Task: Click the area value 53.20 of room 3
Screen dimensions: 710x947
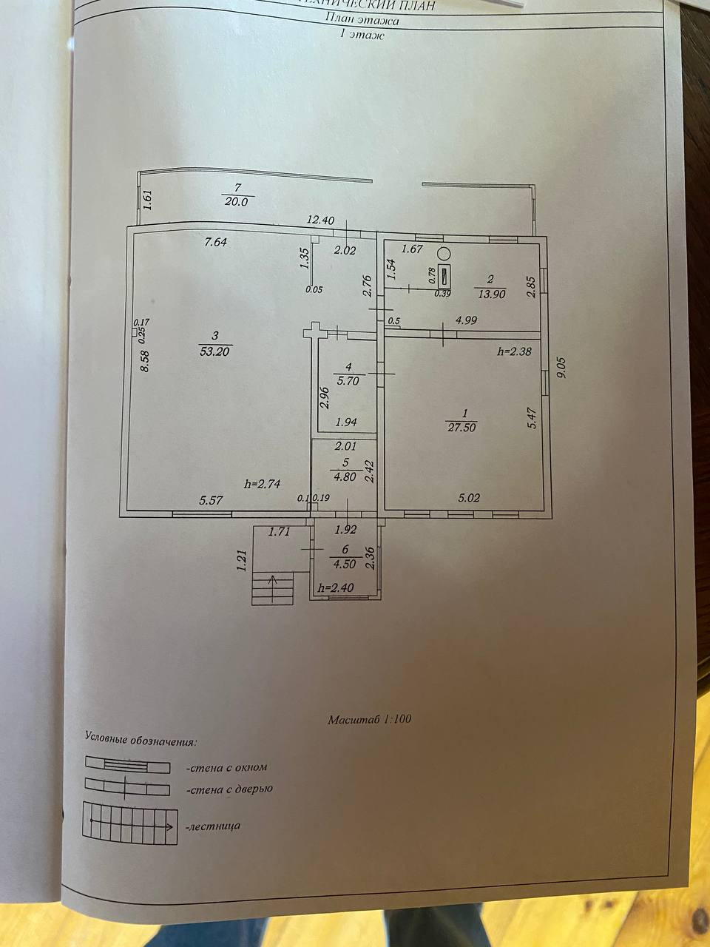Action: (x=214, y=351)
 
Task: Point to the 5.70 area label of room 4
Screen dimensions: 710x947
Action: (x=346, y=382)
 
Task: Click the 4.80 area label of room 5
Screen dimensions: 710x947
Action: (x=345, y=476)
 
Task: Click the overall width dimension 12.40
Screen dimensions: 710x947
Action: (x=322, y=220)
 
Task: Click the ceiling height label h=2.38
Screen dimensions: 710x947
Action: (x=515, y=352)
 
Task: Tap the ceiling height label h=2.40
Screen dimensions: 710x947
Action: (x=335, y=588)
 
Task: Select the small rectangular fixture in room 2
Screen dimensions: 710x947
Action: (x=444, y=276)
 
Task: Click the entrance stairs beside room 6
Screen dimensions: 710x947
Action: (x=273, y=588)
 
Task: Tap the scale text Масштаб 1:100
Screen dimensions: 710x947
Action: (x=369, y=718)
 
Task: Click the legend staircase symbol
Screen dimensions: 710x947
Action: (x=130, y=824)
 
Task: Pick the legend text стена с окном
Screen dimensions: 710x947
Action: (x=226, y=767)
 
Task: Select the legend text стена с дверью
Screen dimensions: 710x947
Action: (x=229, y=789)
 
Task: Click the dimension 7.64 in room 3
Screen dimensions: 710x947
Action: (x=215, y=242)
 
